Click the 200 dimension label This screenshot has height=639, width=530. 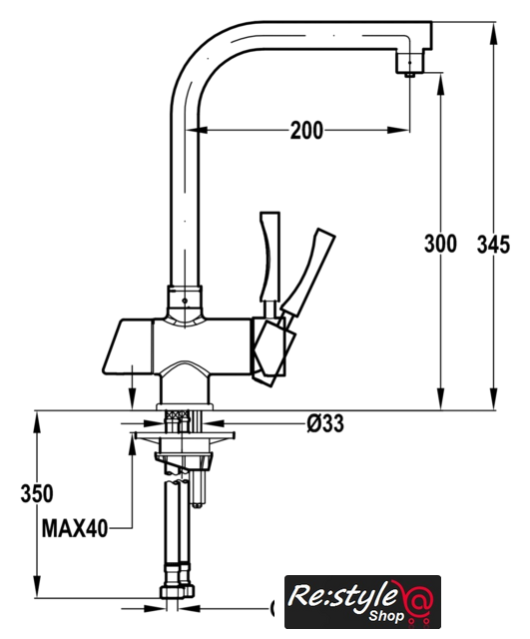pos(306,131)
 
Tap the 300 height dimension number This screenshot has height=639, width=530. pos(440,244)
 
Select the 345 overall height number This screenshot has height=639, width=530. pos(493,245)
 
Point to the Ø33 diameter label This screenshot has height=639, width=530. pos(325,423)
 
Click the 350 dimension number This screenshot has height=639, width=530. pos(37,493)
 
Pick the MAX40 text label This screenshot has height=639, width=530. pos(75,528)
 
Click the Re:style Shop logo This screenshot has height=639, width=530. pos(362,601)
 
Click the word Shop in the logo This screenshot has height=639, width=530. pos(386,615)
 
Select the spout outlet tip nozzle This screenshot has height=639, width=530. pos(409,75)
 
